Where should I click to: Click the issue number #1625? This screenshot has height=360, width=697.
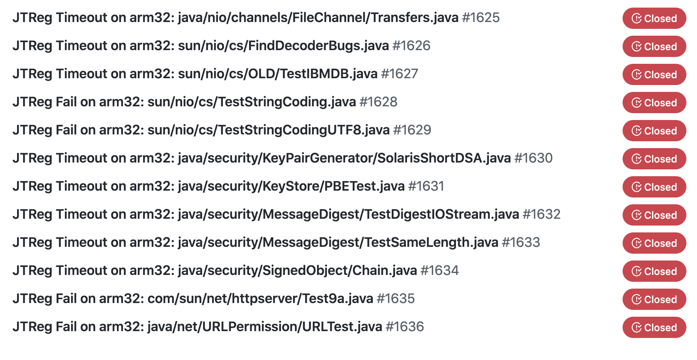481,17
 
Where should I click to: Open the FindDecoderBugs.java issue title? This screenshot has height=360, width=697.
201,46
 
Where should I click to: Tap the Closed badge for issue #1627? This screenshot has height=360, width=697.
654,74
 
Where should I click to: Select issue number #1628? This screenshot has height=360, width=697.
378,102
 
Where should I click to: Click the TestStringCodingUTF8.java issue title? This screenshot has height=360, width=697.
201,130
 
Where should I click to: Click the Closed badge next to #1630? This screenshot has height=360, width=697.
654,159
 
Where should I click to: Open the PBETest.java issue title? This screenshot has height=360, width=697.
209,186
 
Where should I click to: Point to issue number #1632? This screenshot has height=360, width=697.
541,214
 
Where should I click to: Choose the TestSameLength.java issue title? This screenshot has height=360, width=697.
255,242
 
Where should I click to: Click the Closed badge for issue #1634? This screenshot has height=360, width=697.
654,271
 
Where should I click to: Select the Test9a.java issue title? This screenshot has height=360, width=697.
193,298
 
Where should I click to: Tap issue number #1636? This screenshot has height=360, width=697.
405,327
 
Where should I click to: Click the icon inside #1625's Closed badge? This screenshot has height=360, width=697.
636,18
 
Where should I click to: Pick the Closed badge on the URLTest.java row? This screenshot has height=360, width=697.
654,327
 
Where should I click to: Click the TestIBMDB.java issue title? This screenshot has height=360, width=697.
195,74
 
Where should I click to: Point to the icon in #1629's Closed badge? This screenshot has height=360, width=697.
636,131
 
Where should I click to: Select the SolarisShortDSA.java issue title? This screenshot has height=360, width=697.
262,158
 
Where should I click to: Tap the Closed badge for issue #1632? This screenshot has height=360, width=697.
654,215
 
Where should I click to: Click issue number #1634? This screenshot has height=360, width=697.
440,270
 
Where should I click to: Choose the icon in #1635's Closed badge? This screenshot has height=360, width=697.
636,299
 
